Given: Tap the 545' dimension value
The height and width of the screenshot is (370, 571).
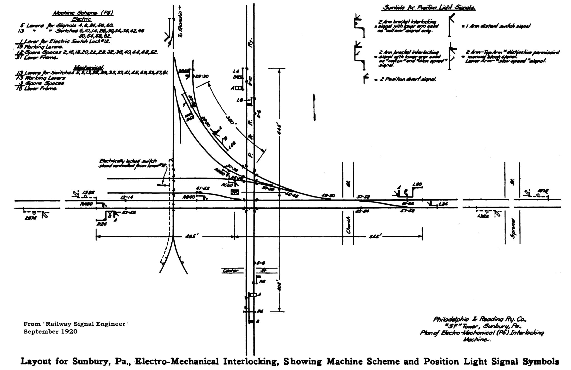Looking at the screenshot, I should (374, 237).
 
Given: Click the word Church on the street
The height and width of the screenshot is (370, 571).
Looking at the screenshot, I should (348, 225).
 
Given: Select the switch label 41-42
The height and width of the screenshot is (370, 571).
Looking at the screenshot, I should (203, 188).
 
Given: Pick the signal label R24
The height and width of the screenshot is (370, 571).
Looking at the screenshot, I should (102, 224).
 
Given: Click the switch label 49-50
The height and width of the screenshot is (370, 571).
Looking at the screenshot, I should (328, 196).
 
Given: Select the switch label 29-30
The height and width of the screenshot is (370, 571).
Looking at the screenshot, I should (202, 76).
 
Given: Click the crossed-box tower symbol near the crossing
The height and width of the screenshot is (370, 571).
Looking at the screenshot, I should (235, 192).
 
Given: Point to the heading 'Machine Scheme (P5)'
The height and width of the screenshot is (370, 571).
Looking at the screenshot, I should (83, 13).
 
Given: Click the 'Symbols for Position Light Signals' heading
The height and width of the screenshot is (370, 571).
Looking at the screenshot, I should (428, 8).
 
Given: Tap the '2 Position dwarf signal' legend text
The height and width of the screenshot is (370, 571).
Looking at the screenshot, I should (407, 79).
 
